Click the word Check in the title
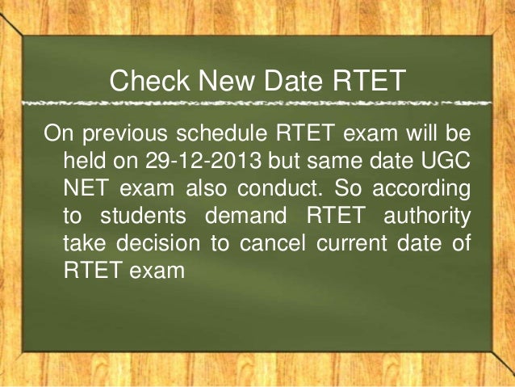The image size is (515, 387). coord(147,81)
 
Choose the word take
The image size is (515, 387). coord(85,242)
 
